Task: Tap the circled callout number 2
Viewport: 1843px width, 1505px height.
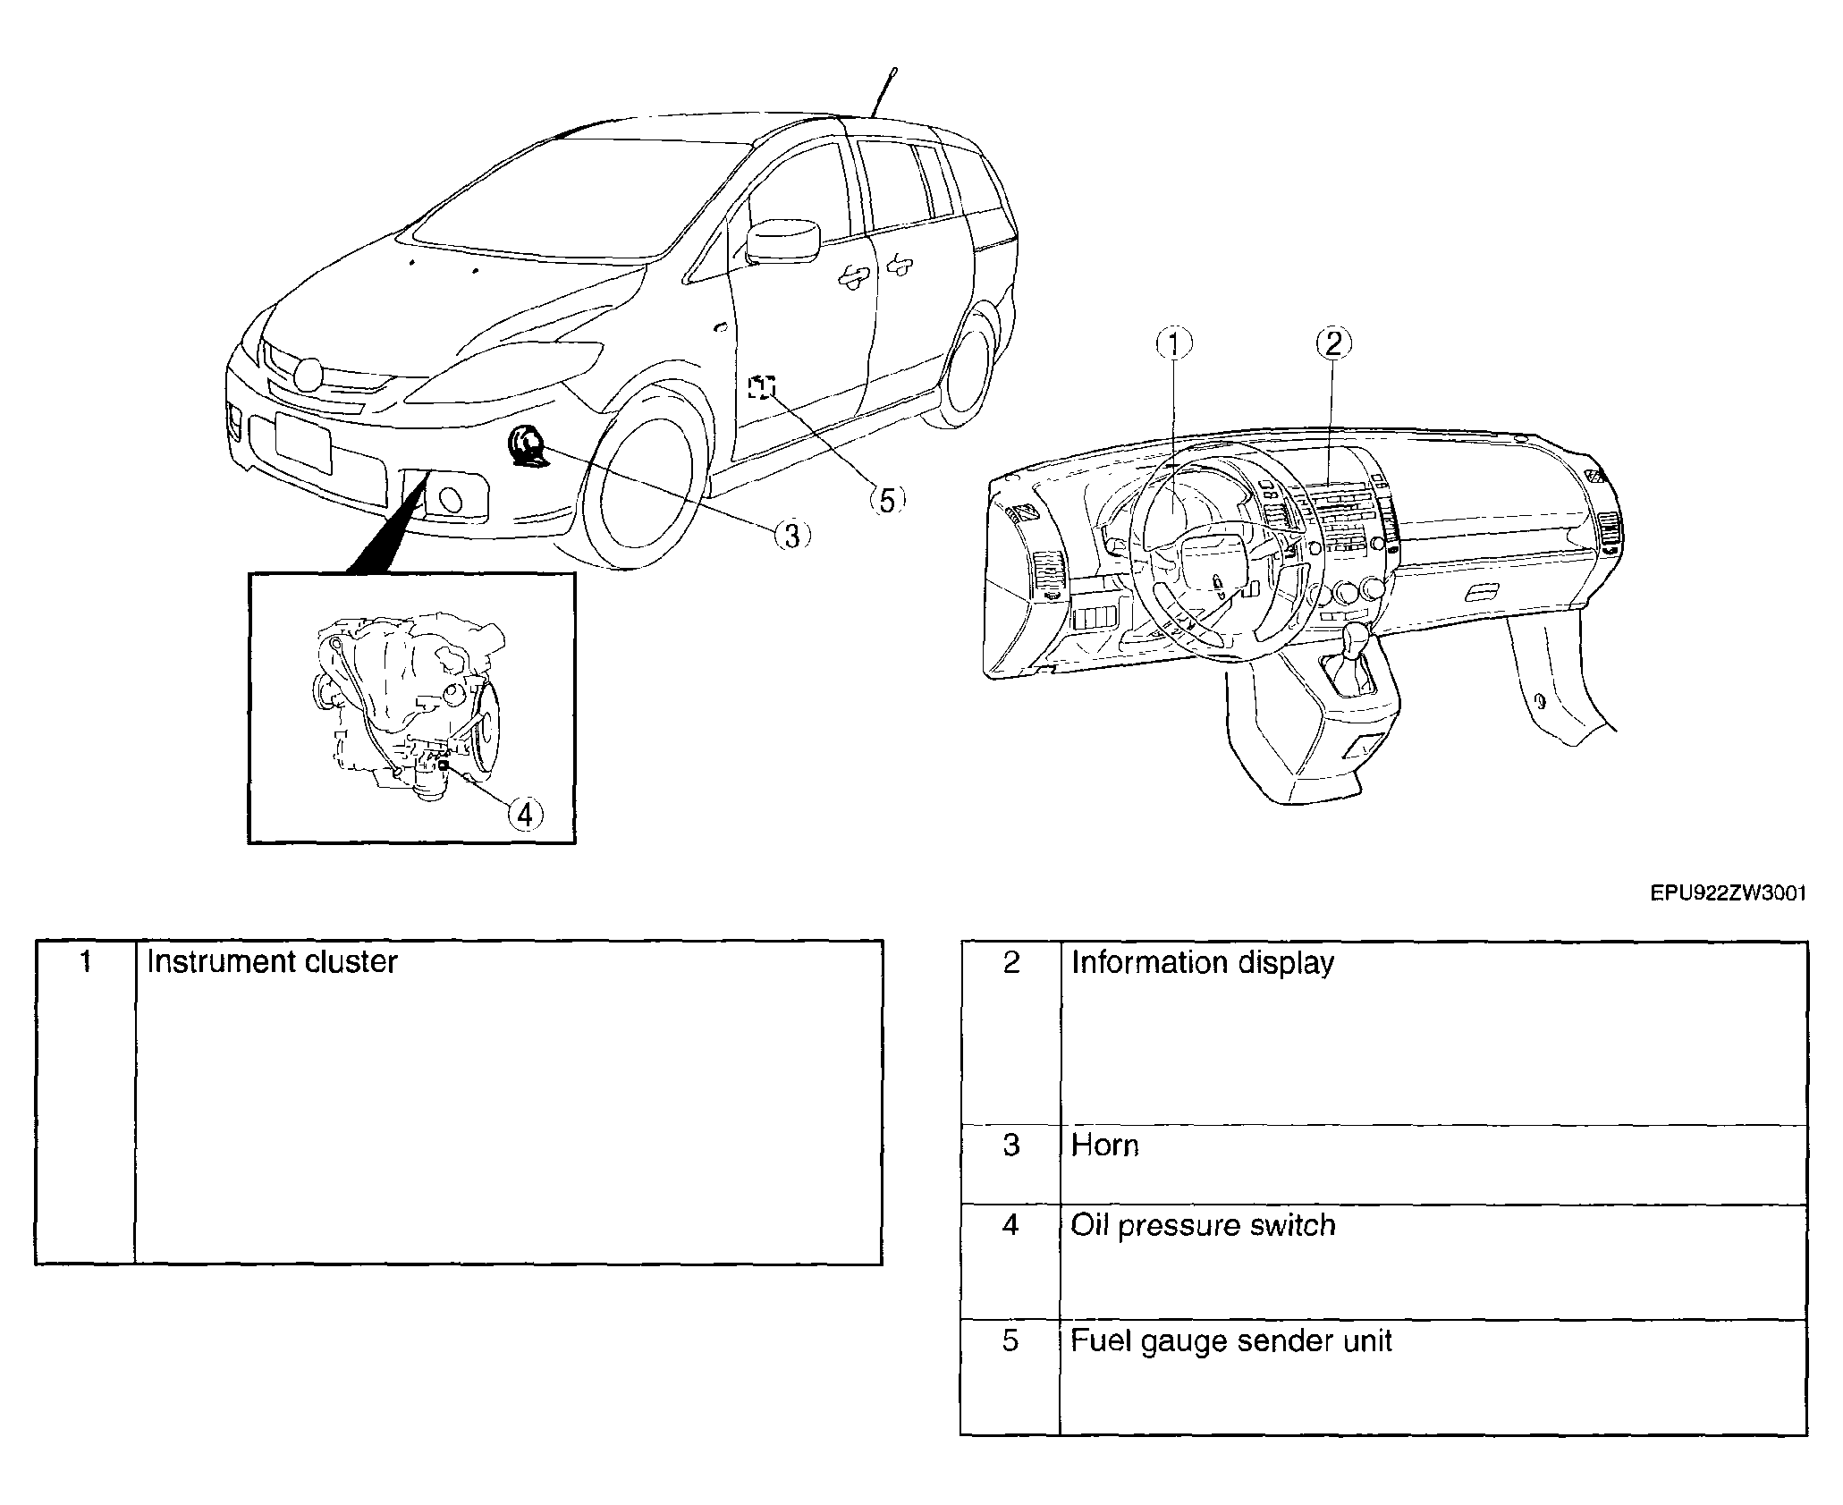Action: click(1333, 343)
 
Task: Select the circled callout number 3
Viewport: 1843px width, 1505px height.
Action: click(791, 535)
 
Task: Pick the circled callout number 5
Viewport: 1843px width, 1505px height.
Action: click(886, 501)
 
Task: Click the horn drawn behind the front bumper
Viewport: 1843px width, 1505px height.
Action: click(524, 446)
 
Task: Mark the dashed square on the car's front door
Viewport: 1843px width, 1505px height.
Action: click(762, 386)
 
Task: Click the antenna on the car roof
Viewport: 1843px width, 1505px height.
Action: click(883, 93)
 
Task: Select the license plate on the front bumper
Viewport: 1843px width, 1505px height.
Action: click(303, 442)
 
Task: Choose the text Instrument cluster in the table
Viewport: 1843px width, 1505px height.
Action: click(272, 962)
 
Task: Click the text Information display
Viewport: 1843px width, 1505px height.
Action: click(1203, 963)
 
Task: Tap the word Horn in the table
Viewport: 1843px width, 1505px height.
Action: click(1105, 1146)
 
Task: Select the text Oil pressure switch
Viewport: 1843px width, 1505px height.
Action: click(1204, 1226)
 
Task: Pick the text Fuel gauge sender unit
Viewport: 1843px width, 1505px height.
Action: click(1231, 1341)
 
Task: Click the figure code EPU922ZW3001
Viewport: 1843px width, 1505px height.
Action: click(1728, 918)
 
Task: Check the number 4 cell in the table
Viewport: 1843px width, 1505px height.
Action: click(1010, 1262)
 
